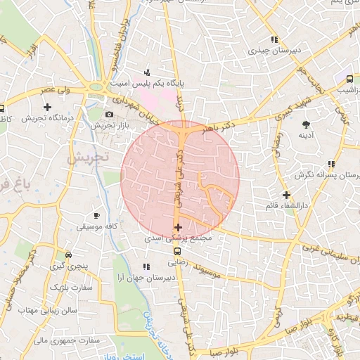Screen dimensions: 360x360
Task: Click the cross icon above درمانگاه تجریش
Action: [x=47, y=108]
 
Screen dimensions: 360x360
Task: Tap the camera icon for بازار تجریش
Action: [x=109, y=115]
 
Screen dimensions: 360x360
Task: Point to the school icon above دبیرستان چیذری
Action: [x=273, y=40]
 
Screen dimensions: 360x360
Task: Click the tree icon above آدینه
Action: [x=305, y=124]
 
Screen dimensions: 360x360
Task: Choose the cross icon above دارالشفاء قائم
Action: [x=285, y=195]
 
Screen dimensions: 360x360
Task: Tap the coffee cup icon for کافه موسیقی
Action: [x=96, y=216]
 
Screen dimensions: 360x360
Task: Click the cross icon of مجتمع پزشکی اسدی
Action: [x=178, y=227]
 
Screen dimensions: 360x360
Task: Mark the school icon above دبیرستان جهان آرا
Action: [x=146, y=266]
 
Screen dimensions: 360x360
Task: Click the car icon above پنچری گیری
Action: [x=67, y=255]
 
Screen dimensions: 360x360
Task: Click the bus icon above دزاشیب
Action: [x=349, y=79]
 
